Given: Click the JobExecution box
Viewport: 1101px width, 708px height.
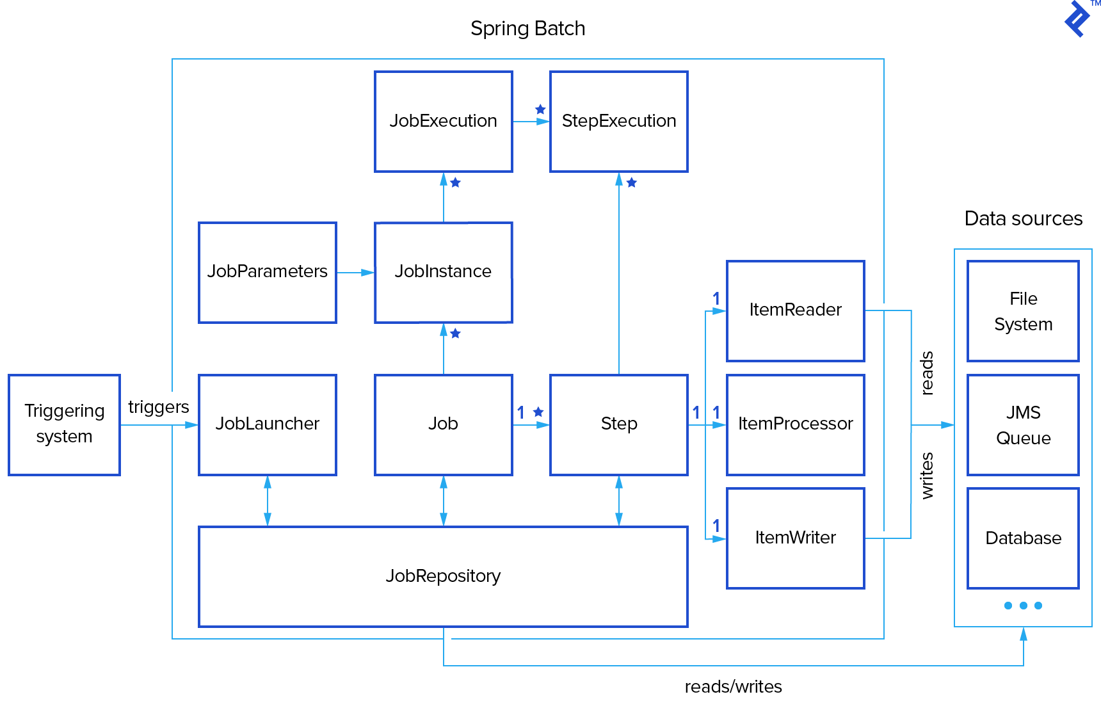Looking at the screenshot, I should [x=443, y=121].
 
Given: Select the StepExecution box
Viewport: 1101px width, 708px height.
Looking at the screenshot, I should [x=618, y=121].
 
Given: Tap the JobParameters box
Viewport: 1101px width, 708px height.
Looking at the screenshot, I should [x=267, y=272].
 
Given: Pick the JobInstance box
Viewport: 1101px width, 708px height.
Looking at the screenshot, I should [x=443, y=272].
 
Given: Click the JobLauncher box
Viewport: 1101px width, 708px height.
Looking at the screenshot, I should [x=267, y=424].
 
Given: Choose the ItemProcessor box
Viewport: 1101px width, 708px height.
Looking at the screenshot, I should [x=795, y=424].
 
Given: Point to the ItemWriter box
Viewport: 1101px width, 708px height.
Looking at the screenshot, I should [x=795, y=538].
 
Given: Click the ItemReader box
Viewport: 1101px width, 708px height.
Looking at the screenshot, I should [x=795, y=310].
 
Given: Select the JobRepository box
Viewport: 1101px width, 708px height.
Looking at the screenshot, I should [x=443, y=576].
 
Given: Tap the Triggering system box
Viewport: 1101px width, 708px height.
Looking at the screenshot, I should [x=64, y=424].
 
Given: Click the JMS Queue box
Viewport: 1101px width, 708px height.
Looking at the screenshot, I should [x=1023, y=424].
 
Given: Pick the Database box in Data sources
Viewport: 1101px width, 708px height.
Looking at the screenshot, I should [x=1023, y=538].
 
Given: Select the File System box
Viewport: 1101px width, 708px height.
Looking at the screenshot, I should [x=1023, y=310].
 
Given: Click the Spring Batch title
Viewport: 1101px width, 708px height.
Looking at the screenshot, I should [x=527, y=29].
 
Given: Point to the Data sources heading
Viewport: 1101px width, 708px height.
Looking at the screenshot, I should [x=1023, y=219].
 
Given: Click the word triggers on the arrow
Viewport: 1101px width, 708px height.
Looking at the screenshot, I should [x=158, y=407].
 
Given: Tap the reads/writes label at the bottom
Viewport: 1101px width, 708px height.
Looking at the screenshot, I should [x=733, y=687].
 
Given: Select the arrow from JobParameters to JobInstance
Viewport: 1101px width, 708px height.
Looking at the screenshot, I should [x=355, y=273].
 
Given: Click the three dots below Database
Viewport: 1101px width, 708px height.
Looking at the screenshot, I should [x=1023, y=606].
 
